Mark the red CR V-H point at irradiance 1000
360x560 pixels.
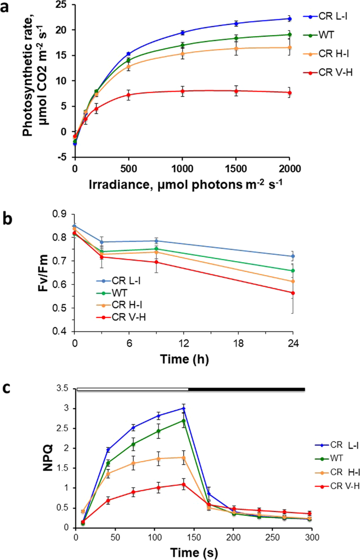point(182,91)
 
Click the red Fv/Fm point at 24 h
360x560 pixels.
point(293,293)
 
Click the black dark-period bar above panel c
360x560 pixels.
point(246,389)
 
